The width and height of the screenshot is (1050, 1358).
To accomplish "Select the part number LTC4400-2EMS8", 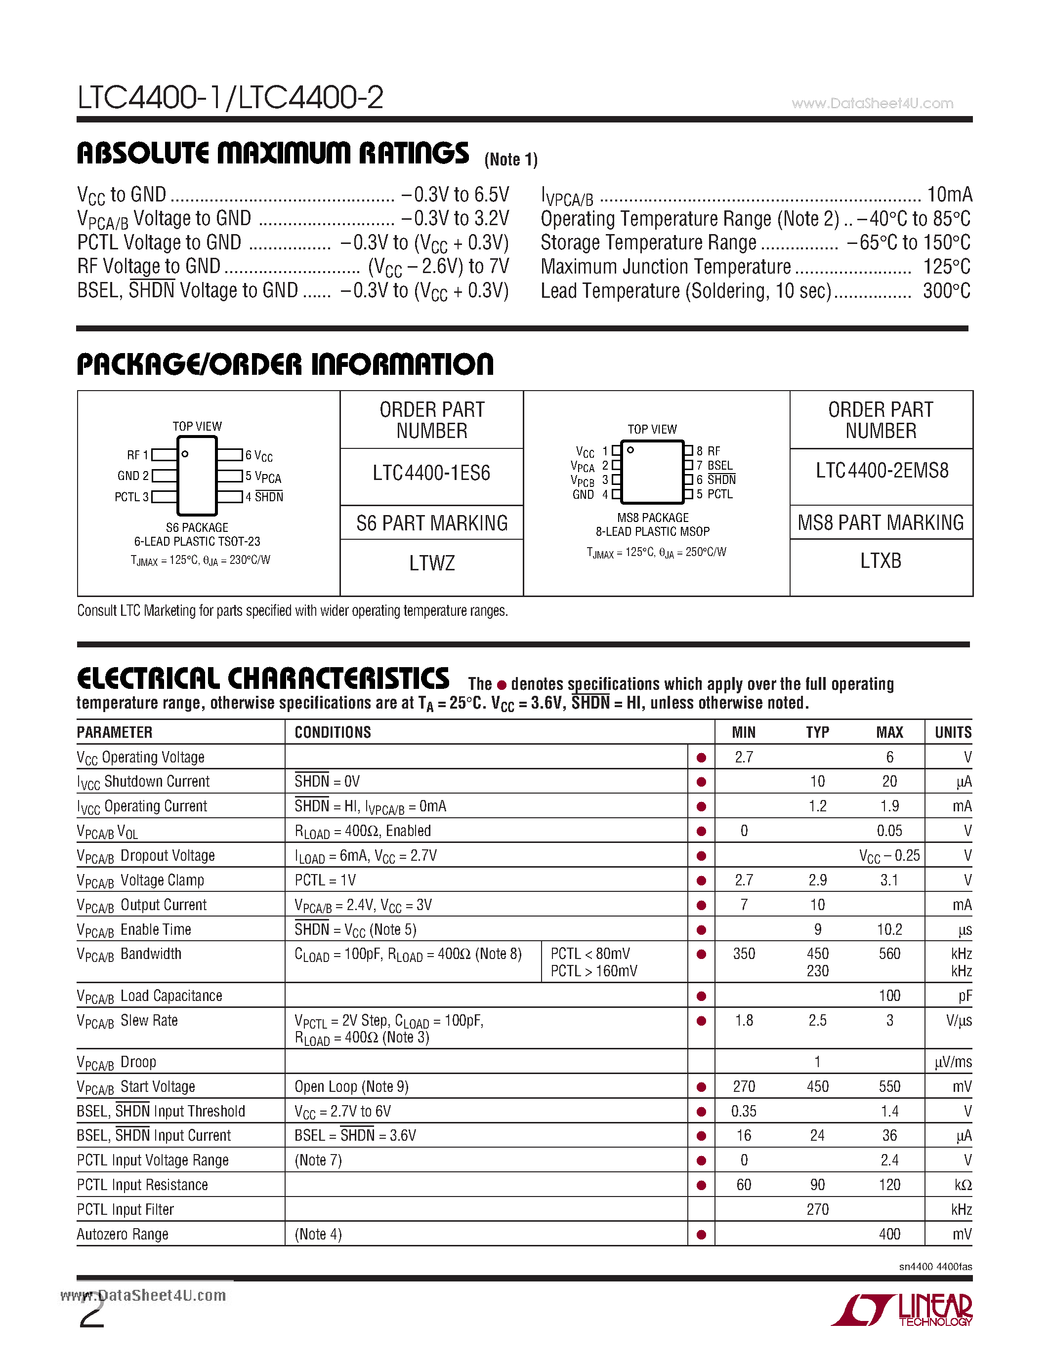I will tap(882, 471).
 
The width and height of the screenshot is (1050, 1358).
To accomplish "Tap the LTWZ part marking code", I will tap(432, 563).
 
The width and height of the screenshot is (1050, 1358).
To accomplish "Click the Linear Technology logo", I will tap(902, 1310).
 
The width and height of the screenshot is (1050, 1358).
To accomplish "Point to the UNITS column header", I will tap(953, 732).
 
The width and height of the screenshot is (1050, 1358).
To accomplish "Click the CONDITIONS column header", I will tap(333, 732).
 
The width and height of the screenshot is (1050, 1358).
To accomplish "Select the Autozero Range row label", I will tap(123, 1234).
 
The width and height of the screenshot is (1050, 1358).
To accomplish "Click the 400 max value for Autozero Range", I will tap(889, 1234).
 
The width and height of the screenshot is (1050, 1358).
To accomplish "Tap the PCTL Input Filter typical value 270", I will tap(817, 1209).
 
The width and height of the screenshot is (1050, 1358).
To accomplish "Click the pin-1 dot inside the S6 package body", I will tap(185, 454).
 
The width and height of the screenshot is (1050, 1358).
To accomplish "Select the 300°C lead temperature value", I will tap(946, 291).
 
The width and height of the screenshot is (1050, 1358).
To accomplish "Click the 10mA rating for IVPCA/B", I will tap(949, 195).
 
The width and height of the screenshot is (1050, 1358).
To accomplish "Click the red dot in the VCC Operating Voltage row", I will tap(701, 758).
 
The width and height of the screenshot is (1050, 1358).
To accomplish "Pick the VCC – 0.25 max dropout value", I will tap(889, 856).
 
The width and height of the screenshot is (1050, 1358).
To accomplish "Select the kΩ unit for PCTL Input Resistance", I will tap(962, 1185).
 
